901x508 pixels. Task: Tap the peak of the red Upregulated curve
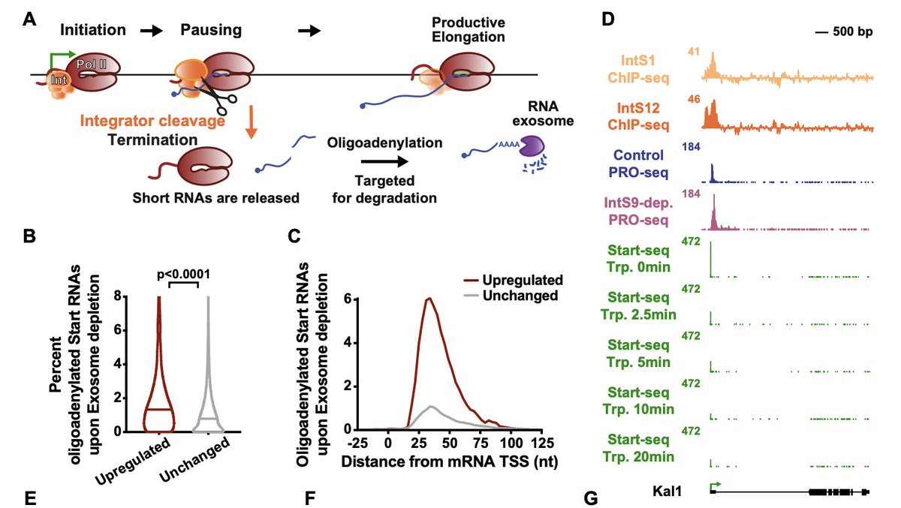[x=429, y=299]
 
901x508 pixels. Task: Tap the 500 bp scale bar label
[x=843, y=33]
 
